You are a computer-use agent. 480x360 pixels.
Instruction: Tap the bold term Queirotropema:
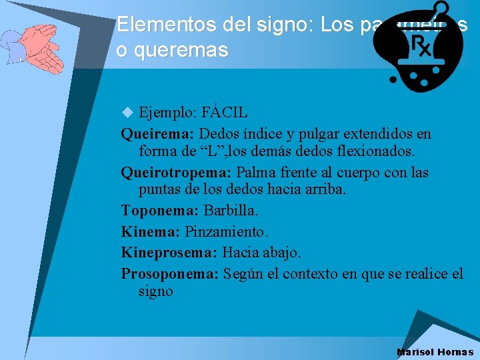point(176,173)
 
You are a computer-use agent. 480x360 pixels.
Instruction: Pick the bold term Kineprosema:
point(169,253)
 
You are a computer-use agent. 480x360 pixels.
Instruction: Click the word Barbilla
point(231,211)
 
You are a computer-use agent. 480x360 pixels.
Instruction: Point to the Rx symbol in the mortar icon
point(422,47)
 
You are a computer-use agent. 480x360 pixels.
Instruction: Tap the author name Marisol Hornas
point(435,352)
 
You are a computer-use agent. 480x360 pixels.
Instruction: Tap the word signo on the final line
point(155,291)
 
